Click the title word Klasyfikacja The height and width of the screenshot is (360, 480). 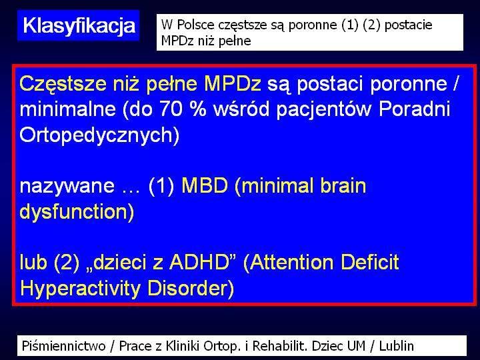(79, 26)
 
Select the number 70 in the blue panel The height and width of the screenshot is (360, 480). (171, 109)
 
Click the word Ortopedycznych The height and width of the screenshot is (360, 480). (99, 135)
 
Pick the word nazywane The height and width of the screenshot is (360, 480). (67, 186)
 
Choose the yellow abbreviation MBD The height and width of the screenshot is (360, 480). (205, 185)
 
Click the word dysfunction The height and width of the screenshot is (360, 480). (77, 211)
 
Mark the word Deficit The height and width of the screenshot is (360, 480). (370, 262)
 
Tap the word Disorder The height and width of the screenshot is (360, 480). (191, 288)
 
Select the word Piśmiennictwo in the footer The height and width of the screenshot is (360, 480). (64, 346)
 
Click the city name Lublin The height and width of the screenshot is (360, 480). (397, 346)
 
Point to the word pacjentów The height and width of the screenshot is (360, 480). (324, 109)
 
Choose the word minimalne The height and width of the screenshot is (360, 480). (68, 109)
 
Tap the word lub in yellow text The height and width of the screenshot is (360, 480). (33, 262)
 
